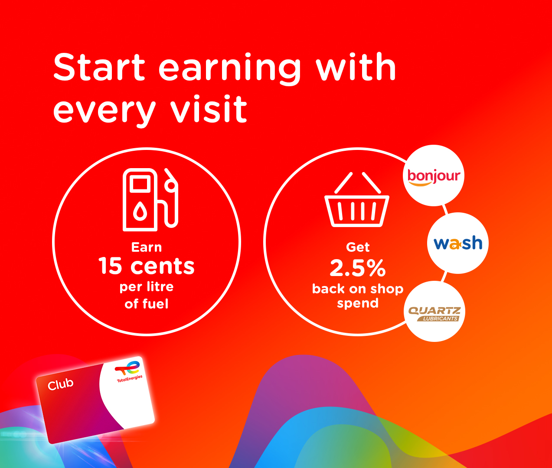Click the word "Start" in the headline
[99, 67]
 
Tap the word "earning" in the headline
[230, 69]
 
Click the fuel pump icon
[150, 200]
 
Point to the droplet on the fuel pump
[140, 211]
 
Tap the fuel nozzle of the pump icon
[171, 198]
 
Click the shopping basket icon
[357, 200]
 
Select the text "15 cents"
[147, 266]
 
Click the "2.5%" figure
[358, 268]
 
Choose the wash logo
[458, 243]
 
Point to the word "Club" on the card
[60, 384]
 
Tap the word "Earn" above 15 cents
[147, 247]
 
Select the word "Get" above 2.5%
[358, 247]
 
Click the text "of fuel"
[147, 304]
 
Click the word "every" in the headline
[105, 111]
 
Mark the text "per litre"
[147, 287]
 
